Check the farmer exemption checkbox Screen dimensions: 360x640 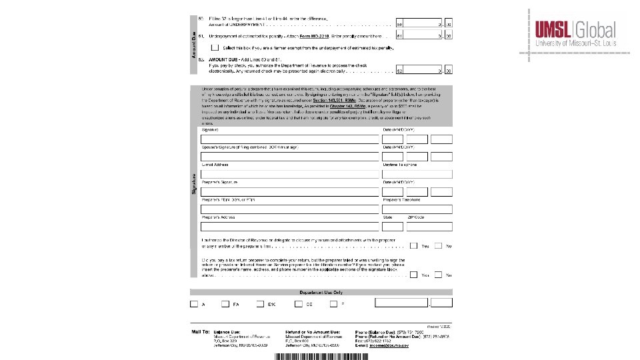pyautogui.click(x=214, y=48)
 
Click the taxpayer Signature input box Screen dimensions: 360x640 pyautogui.click(x=290, y=139)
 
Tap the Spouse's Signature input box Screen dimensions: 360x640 pyautogui.click(x=290, y=156)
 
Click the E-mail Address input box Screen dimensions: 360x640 pyautogui.click(x=290, y=174)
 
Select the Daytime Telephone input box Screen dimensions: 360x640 pyautogui.click(x=417, y=174)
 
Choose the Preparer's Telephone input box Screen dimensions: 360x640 pyautogui.click(x=417, y=209)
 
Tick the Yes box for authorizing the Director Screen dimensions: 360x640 pyautogui.click(x=414, y=245)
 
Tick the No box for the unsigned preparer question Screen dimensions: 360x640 pyautogui.click(x=438, y=275)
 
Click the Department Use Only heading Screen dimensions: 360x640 pyautogui.click(x=321, y=292)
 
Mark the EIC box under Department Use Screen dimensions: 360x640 pyautogui.click(x=261, y=303)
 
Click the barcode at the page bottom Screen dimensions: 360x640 pyautogui.click(x=321, y=357)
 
